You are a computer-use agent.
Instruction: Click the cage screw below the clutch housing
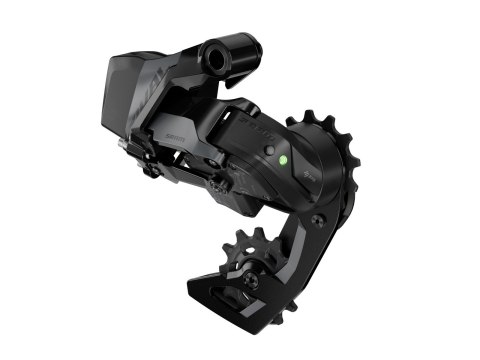coord(318,221)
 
